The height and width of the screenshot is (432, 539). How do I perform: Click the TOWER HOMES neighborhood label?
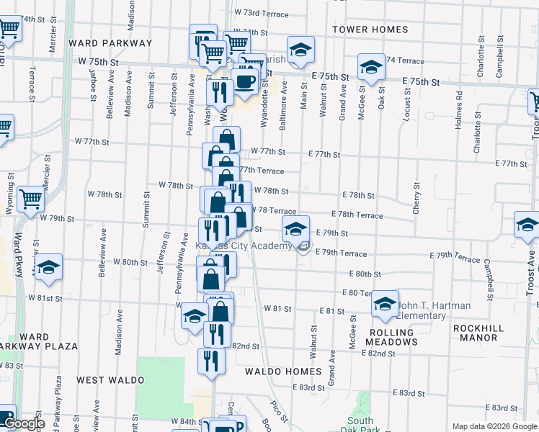coord(370,30)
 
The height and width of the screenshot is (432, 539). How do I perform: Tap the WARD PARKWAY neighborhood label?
coord(110,43)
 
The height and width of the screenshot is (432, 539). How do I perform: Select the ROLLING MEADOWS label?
coord(392,337)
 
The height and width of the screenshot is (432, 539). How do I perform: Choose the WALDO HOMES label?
coord(282,372)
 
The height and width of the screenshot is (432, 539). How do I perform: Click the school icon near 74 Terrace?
coord(371,66)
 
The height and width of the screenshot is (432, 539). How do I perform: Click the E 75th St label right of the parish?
coord(330,76)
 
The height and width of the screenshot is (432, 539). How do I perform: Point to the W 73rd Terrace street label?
coord(262,14)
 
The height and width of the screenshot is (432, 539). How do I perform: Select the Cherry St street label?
coord(416,197)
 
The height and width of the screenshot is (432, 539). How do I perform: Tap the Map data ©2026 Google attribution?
coord(493,426)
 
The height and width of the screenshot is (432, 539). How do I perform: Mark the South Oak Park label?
coord(360,426)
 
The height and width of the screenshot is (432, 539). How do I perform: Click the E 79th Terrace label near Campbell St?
coord(455,256)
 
